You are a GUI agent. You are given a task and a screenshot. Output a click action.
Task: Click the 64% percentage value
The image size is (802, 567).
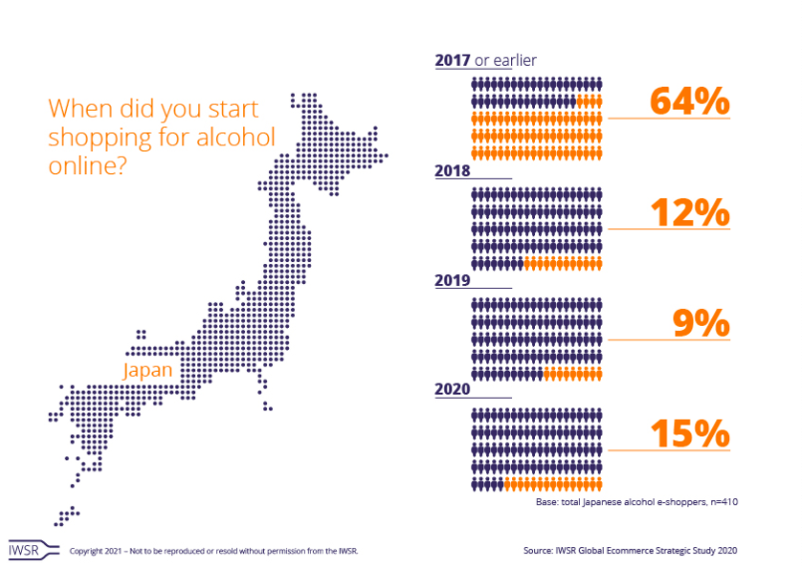[x=689, y=102]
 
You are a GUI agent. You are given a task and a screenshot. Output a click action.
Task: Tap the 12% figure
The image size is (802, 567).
[x=689, y=212]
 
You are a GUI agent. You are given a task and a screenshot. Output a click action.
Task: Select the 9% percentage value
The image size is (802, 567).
[x=701, y=323]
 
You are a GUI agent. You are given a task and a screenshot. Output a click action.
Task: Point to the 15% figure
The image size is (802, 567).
[x=689, y=433]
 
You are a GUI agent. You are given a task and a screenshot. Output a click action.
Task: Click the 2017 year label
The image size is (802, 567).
[x=453, y=61]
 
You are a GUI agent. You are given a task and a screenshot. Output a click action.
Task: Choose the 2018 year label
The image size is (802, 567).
[x=453, y=171]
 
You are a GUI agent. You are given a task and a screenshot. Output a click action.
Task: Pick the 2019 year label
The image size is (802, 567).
[x=453, y=281]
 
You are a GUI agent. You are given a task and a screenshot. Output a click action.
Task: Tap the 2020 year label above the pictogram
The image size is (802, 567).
[x=453, y=391]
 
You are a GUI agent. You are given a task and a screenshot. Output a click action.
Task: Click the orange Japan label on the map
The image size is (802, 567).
[x=147, y=370]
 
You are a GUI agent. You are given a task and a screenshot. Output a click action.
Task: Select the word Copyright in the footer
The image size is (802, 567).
[x=87, y=550]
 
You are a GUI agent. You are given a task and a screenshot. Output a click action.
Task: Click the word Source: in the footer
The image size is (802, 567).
[x=539, y=550]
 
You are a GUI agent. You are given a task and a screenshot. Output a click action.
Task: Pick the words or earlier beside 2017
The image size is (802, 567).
[x=506, y=61]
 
